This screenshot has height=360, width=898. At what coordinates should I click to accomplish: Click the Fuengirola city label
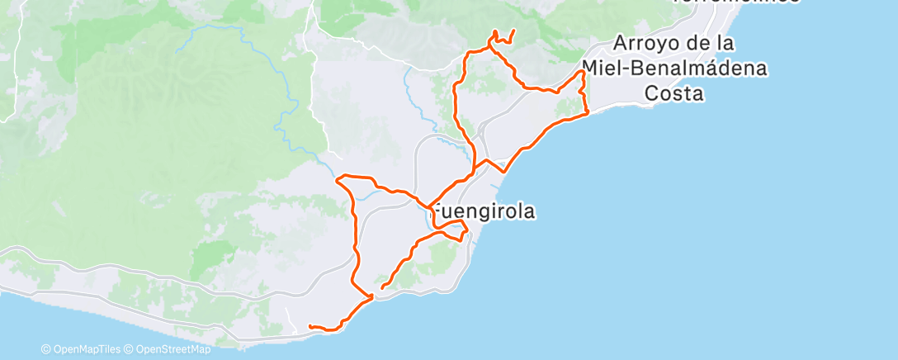[484, 211]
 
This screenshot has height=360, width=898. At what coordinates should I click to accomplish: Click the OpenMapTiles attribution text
[86, 349]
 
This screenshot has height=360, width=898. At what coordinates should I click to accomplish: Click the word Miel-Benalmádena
[674, 68]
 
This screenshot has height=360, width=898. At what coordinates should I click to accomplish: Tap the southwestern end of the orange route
[310, 327]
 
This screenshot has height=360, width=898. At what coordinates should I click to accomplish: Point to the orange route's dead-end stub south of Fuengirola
[383, 287]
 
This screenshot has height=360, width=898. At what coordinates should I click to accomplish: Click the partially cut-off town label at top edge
[735, 2]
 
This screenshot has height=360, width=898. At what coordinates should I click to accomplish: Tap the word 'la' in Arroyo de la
[727, 43]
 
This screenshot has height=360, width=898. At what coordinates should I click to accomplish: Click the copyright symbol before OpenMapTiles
[46, 349]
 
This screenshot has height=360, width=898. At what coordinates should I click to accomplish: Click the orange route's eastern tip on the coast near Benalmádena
[586, 112]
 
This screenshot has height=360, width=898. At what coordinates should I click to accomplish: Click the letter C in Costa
[652, 93]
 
